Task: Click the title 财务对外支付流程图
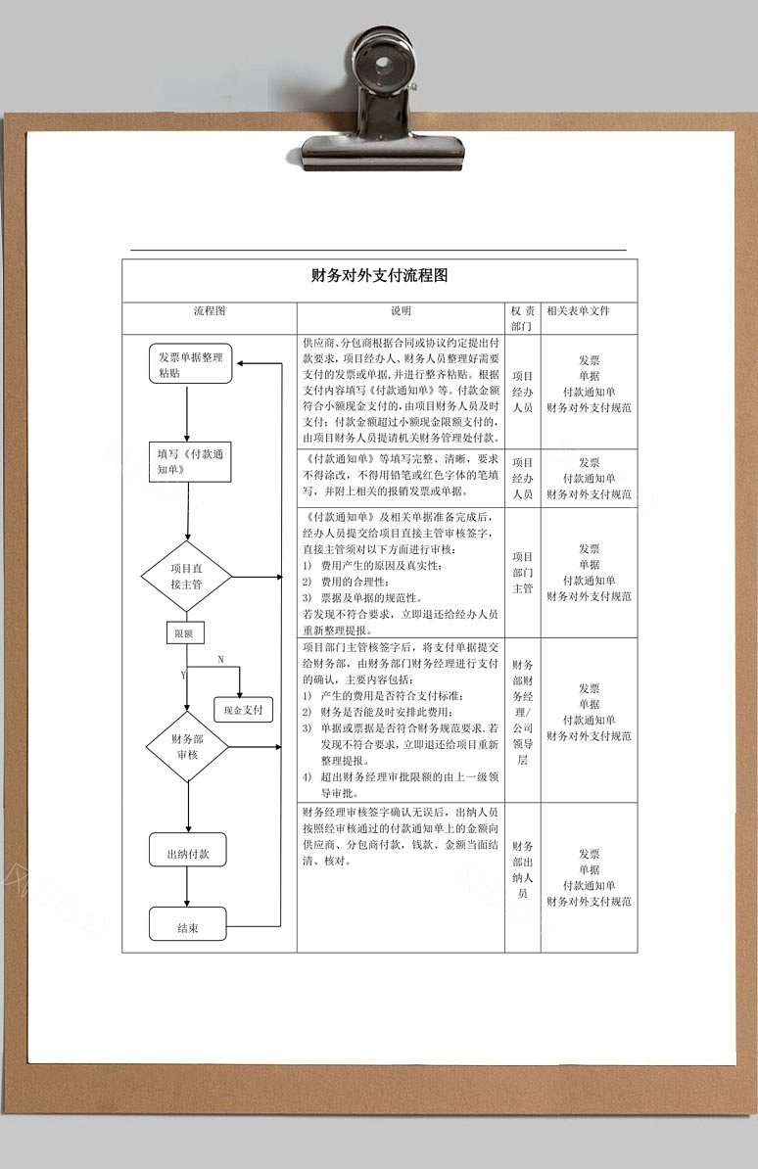pyautogui.click(x=379, y=276)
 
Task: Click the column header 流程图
pyautogui.click(x=209, y=311)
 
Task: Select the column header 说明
pyautogui.click(x=401, y=311)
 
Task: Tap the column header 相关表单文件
pyautogui.click(x=578, y=311)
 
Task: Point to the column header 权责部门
pyautogui.click(x=522, y=318)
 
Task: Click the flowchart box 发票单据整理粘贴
pyautogui.click(x=190, y=364)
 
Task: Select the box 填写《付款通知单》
pyautogui.click(x=190, y=461)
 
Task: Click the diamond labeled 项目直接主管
pyautogui.click(x=186, y=577)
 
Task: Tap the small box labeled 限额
pyautogui.click(x=184, y=632)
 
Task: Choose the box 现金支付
pyautogui.click(x=243, y=710)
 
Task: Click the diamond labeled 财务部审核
pyautogui.click(x=186, y=746)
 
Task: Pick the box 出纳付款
pyautogui.click(x=187, y=853)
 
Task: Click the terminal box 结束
pyautogui.click(x=187, y=927)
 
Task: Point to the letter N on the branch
pyautogui.click(x=220, y=659)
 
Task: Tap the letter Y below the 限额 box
pyautogui.click(x=183, y=676)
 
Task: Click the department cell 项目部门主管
pyautogui.click(x=522, y=573)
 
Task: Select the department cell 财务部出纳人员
pyautogui.click(x=522, y=869)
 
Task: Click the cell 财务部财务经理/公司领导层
pyautogui.click(x=522, y=712)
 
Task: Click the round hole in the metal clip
pyautogui.click(x=384, y=62)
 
